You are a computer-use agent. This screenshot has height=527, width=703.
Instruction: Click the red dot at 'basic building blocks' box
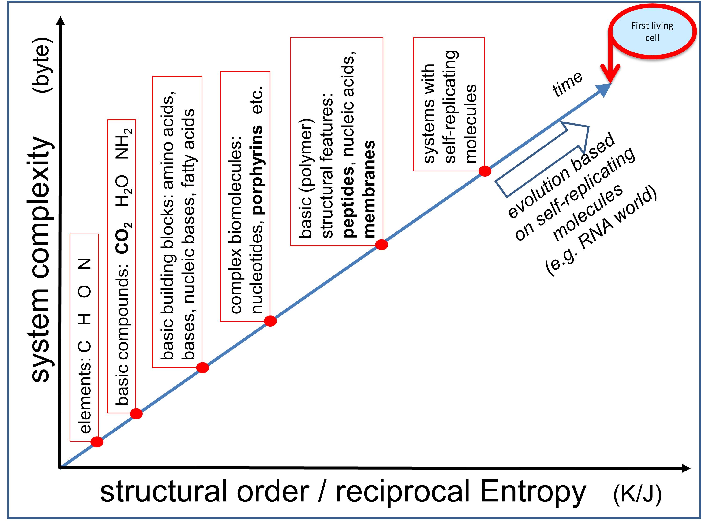click(202, 367)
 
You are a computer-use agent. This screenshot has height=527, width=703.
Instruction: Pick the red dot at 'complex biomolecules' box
click(270, 321)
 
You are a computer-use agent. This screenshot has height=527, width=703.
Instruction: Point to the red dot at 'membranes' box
click(381, 245)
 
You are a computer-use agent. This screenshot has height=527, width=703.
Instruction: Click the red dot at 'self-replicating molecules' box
click(485, 171)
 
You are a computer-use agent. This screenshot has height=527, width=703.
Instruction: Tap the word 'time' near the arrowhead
click(568, 84)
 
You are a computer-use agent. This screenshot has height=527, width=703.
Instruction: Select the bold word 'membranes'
click(369, 189)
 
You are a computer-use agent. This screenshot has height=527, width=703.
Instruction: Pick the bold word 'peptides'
click(349, 201)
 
